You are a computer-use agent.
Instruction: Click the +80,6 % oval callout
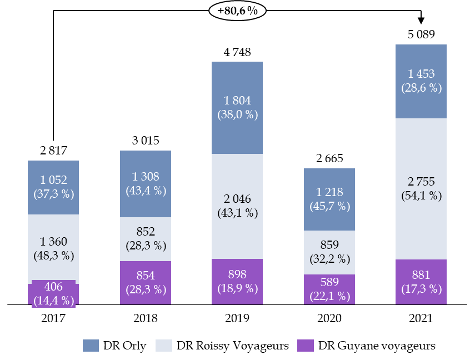coord(237,11)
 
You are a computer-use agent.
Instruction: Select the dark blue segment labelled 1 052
coord(53,187)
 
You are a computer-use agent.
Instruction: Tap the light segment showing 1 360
coord(53,248)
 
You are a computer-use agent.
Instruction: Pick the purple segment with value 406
coord(53,293)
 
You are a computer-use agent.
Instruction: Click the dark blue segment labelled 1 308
coord(146,183)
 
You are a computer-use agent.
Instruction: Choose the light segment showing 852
coord(146,239)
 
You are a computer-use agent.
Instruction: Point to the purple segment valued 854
coord(146,282)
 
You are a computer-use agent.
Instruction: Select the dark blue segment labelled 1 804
coord(237,107)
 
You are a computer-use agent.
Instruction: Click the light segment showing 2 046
coord(237,206)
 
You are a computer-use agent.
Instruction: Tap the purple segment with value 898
coord(237,281)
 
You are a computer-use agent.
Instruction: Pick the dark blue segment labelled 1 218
coord(329,199)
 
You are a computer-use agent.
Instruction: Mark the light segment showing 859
coord(329,252)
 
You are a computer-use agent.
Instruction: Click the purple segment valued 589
coord(329,289)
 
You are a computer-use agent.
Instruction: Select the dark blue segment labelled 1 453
coord(421,81)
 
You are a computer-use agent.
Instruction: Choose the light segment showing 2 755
coord(421,188)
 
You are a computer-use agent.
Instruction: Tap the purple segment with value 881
coord(421,282)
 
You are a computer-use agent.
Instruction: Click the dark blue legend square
coord(91,346)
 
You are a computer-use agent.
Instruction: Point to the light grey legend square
coord(164,346)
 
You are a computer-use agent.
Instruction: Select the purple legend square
coord(306,346)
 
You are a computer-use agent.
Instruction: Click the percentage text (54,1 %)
coord(421,196)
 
